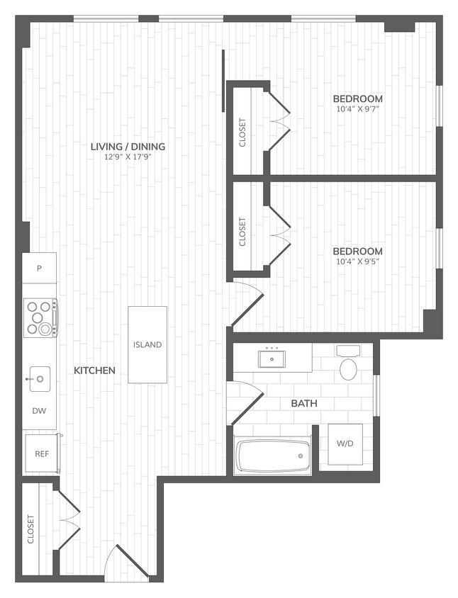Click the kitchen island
tap(147, 344)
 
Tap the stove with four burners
tap(40, 317)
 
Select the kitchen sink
tap(39, 379)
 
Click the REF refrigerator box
tap(42, 453)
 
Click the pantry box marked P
tap(39, 269)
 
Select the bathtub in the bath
tap(273, 456)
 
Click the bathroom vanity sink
tap(272, 359)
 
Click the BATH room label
tap(303, 404)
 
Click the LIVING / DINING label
tap(128, 147)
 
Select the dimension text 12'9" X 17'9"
tap(128, 157)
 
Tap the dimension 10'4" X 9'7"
tap(359, 109)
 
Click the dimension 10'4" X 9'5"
tap(358, 261)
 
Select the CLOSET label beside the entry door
tap(30, 529)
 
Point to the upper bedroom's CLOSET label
tap(242, 131)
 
